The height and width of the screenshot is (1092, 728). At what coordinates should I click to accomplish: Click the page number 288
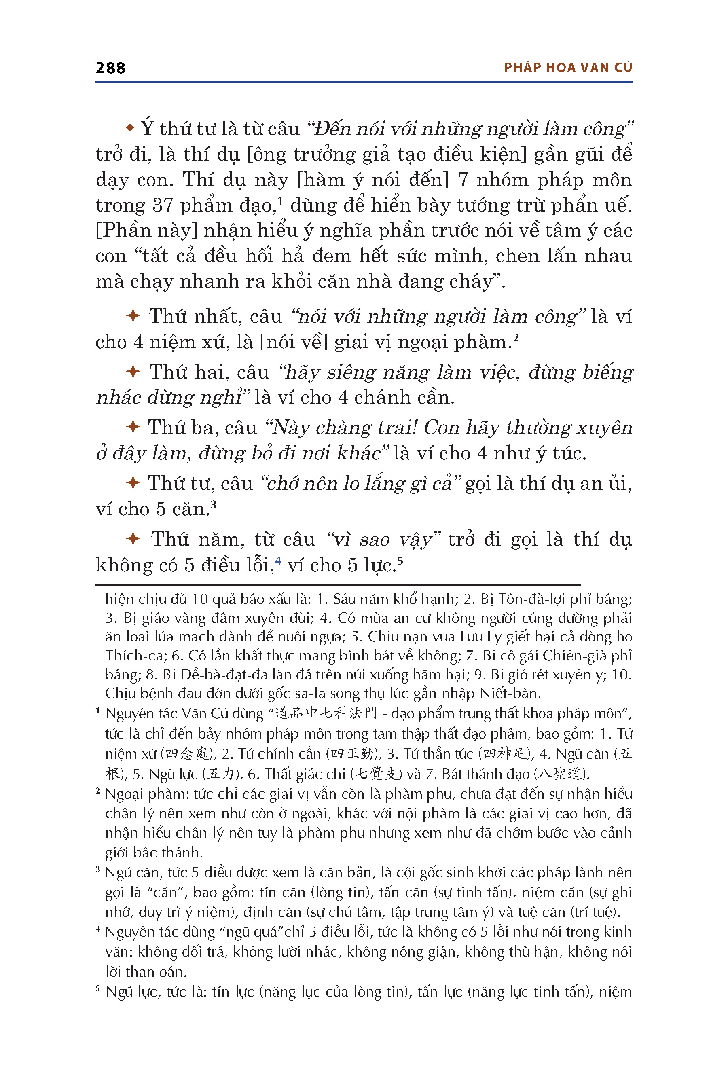click(110, 68)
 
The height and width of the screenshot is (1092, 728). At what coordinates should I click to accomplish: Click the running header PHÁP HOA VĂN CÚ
click(568, 68)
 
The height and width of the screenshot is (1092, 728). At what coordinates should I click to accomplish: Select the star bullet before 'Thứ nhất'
click(133, 316)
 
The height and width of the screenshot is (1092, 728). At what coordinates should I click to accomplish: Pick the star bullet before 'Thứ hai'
click(133, 371)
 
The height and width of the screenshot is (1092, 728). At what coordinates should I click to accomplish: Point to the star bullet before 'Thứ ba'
click(133, 427)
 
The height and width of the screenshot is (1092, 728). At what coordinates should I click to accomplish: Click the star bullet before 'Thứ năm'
click(133, 539)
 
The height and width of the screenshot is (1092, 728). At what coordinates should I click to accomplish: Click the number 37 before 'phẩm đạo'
click(163, 205)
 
